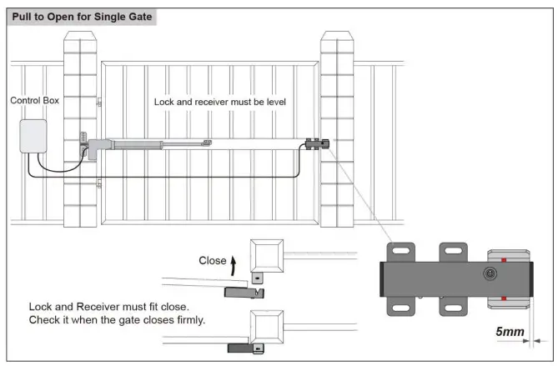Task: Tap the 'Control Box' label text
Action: click(34, 101)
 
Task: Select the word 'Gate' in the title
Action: click(138, 17)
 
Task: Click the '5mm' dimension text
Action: click(510, 332)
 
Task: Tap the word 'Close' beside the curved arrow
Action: click(212, 260)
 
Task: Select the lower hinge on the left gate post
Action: click(99, 183)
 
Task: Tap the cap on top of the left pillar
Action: click(81, 36)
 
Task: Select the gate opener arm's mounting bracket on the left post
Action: click(84, 144)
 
